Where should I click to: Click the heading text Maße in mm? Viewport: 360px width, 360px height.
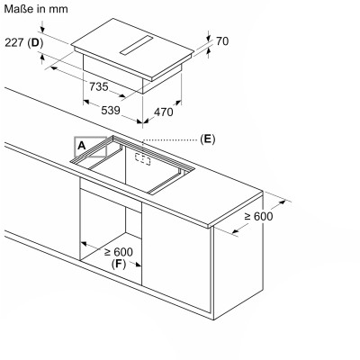(36, 9)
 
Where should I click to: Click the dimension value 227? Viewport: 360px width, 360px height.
(14, 42)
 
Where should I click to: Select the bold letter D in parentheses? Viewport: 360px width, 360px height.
(35, 43)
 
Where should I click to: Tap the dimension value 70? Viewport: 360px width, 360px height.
(222, 41)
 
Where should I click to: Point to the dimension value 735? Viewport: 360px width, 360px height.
(99, 86)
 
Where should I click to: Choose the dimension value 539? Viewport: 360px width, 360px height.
(111, 111)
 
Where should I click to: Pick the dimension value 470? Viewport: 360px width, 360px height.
(164, 112)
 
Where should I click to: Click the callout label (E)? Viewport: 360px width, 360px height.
(208, 139)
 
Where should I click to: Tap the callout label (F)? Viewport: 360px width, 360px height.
(119, 264)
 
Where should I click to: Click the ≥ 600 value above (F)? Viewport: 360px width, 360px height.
(119, 252)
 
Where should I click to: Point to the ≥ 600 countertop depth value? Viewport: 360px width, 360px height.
(258, 216)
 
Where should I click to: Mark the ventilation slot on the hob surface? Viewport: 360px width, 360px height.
(137, 45)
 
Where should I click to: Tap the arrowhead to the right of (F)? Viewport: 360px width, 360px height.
(138, 265)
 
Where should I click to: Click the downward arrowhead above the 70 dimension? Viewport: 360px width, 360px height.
(209, 38)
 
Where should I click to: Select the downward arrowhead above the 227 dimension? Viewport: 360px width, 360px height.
(42, 29)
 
